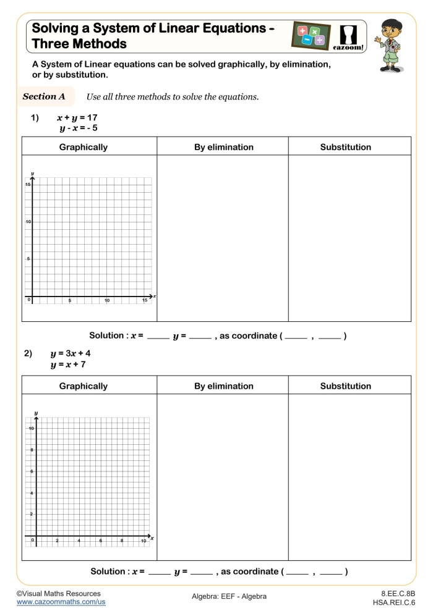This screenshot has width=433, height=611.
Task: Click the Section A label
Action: pyautogui.click(x=44, y=97)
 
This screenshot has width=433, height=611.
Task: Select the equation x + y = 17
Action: pyautogui.click(x=77, y=117)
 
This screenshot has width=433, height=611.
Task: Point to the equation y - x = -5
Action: pyautogui.click(x=79, y=128)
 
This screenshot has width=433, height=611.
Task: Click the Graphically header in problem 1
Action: pyautogui.click(x=83, y=147)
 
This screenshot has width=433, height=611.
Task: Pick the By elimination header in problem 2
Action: pyautogui.click(x=223, y=386)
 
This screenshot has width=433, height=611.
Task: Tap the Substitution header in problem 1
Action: pyautogui.click(x=345, y=147)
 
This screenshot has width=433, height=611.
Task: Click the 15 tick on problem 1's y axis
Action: pyautogui.click(x=28, y=185)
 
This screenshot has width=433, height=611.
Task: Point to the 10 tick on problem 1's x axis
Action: pyautogui.click(x=107, y=301)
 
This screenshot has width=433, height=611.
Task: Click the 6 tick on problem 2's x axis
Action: pyautogui.click(x=100, y=541)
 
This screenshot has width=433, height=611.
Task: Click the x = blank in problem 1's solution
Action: pyautogui.click(x=158, y=337)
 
